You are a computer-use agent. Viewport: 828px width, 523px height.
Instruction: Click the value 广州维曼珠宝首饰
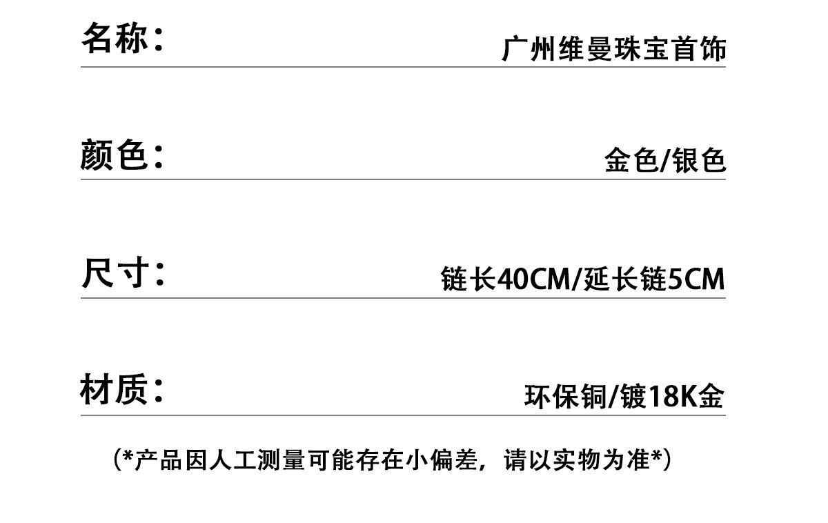613,50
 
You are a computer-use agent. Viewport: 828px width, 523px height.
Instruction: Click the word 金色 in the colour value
630,161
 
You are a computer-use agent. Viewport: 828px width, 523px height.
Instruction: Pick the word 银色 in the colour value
699,161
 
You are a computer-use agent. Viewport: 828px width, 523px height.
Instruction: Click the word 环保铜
564,397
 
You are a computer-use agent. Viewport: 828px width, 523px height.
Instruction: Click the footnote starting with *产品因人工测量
392,460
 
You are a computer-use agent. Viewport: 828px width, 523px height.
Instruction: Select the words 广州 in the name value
529,50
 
